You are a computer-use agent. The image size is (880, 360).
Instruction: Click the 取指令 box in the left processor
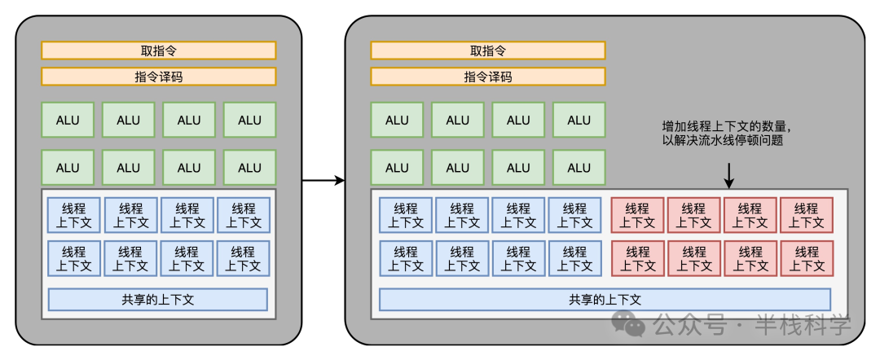[159, 50]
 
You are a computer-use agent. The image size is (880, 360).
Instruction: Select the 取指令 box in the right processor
[488, 50]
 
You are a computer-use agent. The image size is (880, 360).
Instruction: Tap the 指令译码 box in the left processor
[159, 77]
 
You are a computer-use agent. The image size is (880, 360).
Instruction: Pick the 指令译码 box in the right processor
[488, 77]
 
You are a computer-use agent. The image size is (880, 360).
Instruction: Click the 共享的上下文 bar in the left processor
[158, 299]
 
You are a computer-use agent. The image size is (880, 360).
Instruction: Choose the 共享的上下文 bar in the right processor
[605, 299]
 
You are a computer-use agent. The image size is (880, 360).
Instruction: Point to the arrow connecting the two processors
[323, 180]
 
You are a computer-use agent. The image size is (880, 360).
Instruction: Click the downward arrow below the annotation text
[729, 173]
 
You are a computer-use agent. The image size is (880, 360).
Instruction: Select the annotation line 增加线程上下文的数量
[726, 127]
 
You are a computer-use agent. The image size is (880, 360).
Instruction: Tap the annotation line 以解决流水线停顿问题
[717, 141]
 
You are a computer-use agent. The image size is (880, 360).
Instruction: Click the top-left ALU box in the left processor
[68, 120]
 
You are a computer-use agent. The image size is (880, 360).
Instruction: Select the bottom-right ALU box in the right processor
[579, 168]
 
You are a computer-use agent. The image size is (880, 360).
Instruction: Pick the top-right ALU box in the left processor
[249, 120]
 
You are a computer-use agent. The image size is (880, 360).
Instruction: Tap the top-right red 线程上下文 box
[807, 215]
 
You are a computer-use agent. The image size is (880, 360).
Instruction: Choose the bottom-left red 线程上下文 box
[638, 258]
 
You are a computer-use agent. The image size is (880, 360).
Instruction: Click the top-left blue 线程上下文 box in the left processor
[73, 215]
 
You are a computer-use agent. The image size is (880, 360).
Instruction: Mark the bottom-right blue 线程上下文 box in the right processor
[574, 258]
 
